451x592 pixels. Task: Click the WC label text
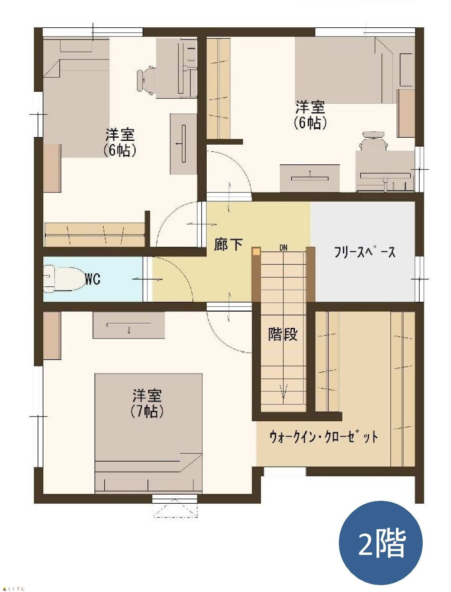click(93, 279)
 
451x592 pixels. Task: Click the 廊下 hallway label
click(228, 244)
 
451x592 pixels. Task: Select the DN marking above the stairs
click(283, 248)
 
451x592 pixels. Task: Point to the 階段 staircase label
click(283, 334)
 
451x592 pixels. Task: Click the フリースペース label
click(365, 252)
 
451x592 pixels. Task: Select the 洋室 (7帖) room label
click(147, 403)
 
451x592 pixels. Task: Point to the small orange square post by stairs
click(257, 252)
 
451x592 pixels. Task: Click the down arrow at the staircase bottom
click(284, 391)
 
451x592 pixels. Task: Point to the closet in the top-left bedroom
click(95, 235)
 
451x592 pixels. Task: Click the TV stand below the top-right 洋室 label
click(310, 178)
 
